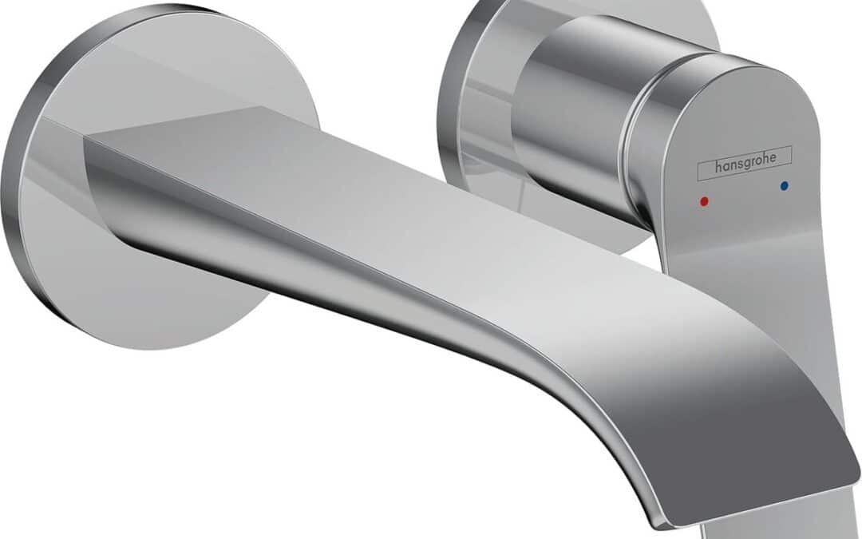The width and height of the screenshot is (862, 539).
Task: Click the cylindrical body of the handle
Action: click(x=567, y=112)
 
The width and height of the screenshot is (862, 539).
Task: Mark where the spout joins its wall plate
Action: click(x=104, y=184)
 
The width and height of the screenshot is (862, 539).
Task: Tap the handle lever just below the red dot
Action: click(x=710, y=240)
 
